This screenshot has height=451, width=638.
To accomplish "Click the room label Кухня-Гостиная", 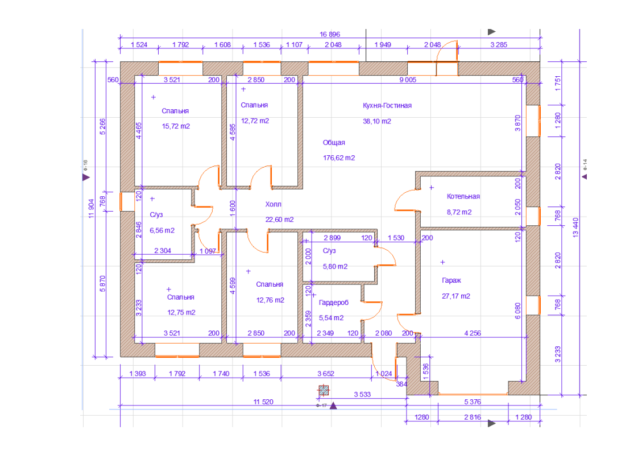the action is pos(387,105).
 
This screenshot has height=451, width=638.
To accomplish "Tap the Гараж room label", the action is pos(451,280).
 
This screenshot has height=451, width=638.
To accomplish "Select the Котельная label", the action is pos(463,196).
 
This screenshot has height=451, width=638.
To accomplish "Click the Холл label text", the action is pos(273,204).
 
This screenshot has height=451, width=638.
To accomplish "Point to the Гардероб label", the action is pos(334,303).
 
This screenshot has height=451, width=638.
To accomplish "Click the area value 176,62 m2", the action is pos(339,158).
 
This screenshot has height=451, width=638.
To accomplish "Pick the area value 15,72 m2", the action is pos(176,126).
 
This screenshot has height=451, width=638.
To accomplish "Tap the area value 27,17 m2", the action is pos(455,296).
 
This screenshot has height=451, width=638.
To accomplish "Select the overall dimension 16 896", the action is pos(330,34).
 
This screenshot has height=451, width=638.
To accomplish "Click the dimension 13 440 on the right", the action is pos(575,228).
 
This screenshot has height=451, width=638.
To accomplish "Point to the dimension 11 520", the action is pos(263,402).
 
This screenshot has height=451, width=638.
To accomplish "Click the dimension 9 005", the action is pos(408,80).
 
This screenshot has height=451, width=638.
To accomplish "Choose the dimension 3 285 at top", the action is pos(499,45).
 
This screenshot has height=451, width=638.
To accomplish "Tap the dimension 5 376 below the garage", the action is pos(473,402).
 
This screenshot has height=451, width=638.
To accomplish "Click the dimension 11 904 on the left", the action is pos(91,208).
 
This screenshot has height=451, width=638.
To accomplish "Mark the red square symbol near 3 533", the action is pos(324,391).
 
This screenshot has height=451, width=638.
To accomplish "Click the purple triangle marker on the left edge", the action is pos(86,177).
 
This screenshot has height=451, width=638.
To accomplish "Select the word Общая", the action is pos(334,142).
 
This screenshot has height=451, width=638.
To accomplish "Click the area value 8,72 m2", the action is pos(459,212).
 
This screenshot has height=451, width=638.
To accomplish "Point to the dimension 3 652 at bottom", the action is pos(325,374).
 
